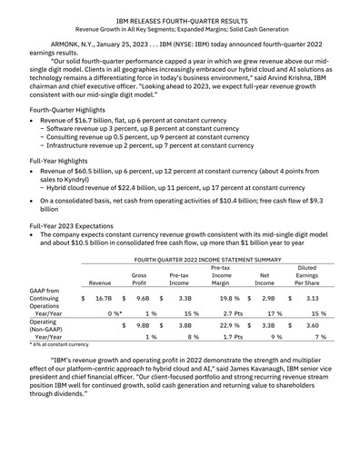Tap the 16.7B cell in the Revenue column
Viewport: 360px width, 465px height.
pyautogui.click(x=103, y=322)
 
